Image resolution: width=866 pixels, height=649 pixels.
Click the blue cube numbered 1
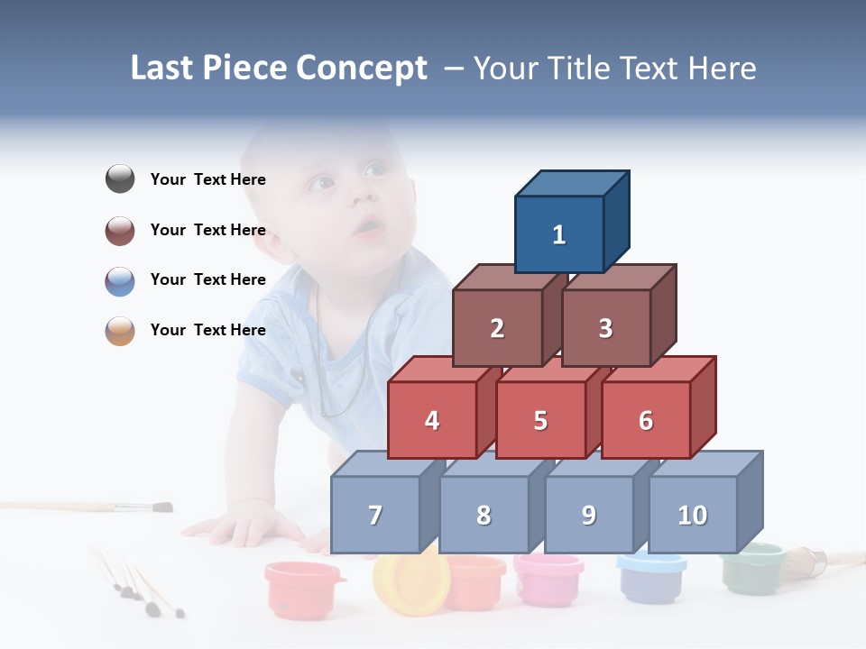click(x=559, y=234)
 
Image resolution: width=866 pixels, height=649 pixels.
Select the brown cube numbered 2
click(x=497, y=328)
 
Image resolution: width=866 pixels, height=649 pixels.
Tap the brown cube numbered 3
click(x=605, y=328)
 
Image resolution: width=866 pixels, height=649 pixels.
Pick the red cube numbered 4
click(x=432, y=420)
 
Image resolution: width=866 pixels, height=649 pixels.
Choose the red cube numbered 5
click(x=540, y=420)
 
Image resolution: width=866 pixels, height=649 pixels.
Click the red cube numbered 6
click(x=646, y=420)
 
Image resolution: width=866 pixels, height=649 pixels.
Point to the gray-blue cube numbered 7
click(x=375, y=515)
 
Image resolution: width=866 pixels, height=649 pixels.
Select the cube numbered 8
click(x=484, y=515)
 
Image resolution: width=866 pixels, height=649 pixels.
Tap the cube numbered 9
click(x=589, y=515)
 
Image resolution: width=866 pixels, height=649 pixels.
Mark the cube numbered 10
click(x=693, y=515)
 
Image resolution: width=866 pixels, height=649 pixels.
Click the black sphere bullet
click(x=120, y=179)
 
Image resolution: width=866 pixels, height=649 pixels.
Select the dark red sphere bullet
click(x=120, y=230)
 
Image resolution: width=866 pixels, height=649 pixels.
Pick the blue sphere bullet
click(x=120, y=280)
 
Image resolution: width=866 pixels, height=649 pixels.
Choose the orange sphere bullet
click(x=120, y=330)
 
